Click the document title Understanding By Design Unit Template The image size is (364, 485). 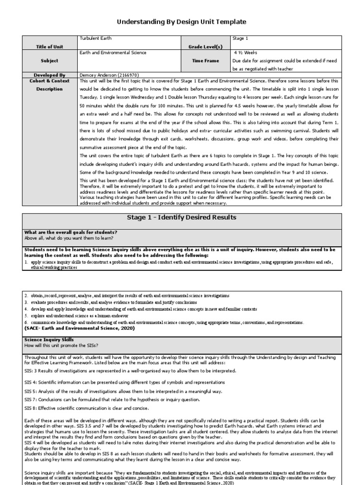coord(182,22)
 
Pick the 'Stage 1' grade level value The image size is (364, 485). coord(240,38)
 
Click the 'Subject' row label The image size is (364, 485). coord(49,61)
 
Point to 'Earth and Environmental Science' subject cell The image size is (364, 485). coord(113,53)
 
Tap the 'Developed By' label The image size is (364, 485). coord(49,75)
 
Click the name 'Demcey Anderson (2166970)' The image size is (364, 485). coord(109,75)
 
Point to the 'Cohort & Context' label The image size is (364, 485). coord(49,81)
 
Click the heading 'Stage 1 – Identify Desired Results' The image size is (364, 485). coord(182,217)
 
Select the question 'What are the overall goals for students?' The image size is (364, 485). coord(71,232)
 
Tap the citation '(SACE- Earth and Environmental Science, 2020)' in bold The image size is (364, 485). coord(79,328)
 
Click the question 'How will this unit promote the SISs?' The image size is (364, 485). coord(64,345)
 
